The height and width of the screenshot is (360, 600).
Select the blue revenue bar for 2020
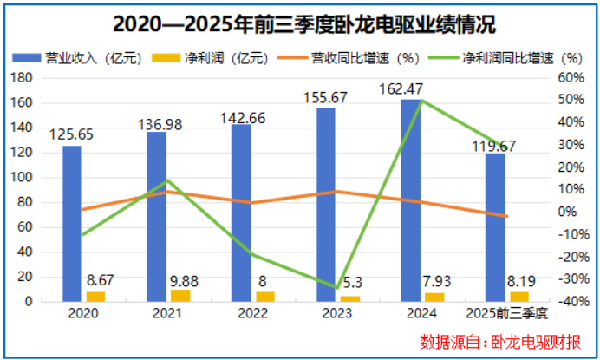[x=72, y=223]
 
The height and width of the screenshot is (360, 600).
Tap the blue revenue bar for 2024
[x=411, y=200]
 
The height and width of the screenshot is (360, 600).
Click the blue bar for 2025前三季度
[x=495, y=226]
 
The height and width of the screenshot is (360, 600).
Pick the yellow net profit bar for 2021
[x=180, y=295]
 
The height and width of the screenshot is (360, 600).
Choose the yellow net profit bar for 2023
[x=349, y=298]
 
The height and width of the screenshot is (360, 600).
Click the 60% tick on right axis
[x=566, y=78]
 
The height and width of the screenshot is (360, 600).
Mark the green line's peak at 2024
[x=421, y=101]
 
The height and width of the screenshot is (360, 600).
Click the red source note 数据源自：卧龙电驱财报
[x=498, y=341]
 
